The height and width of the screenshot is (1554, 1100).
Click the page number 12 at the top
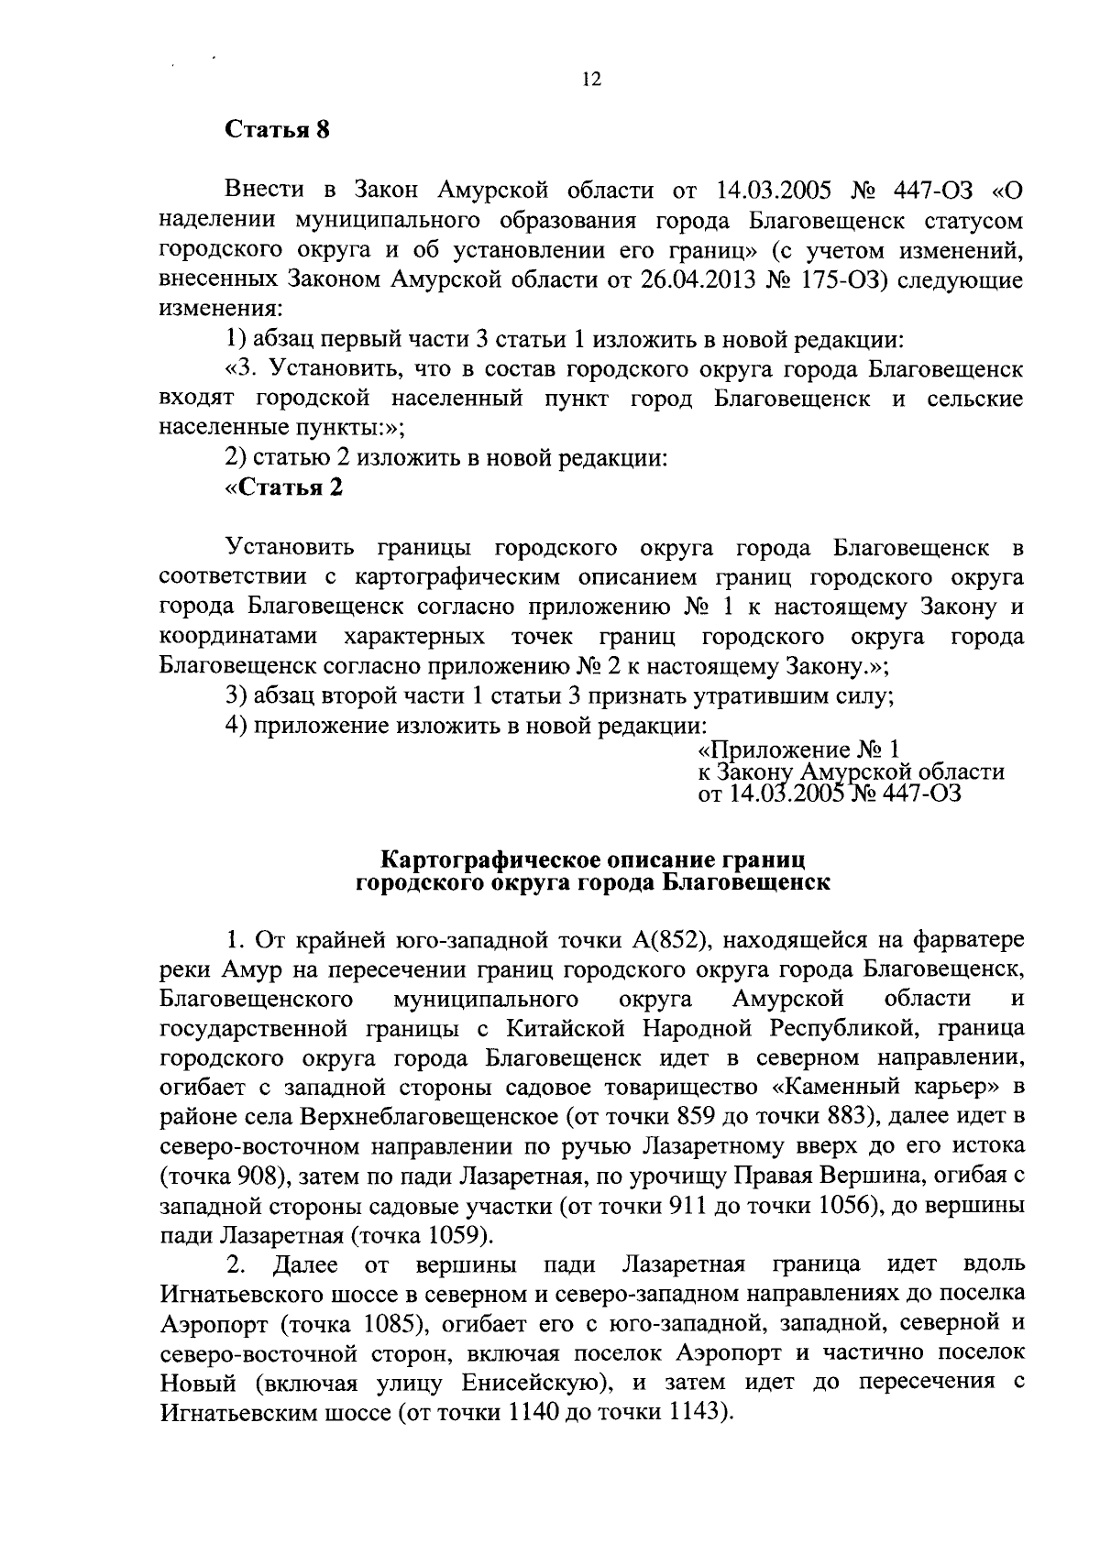(591, 81)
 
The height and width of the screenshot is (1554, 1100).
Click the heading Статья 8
(277, 130)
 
